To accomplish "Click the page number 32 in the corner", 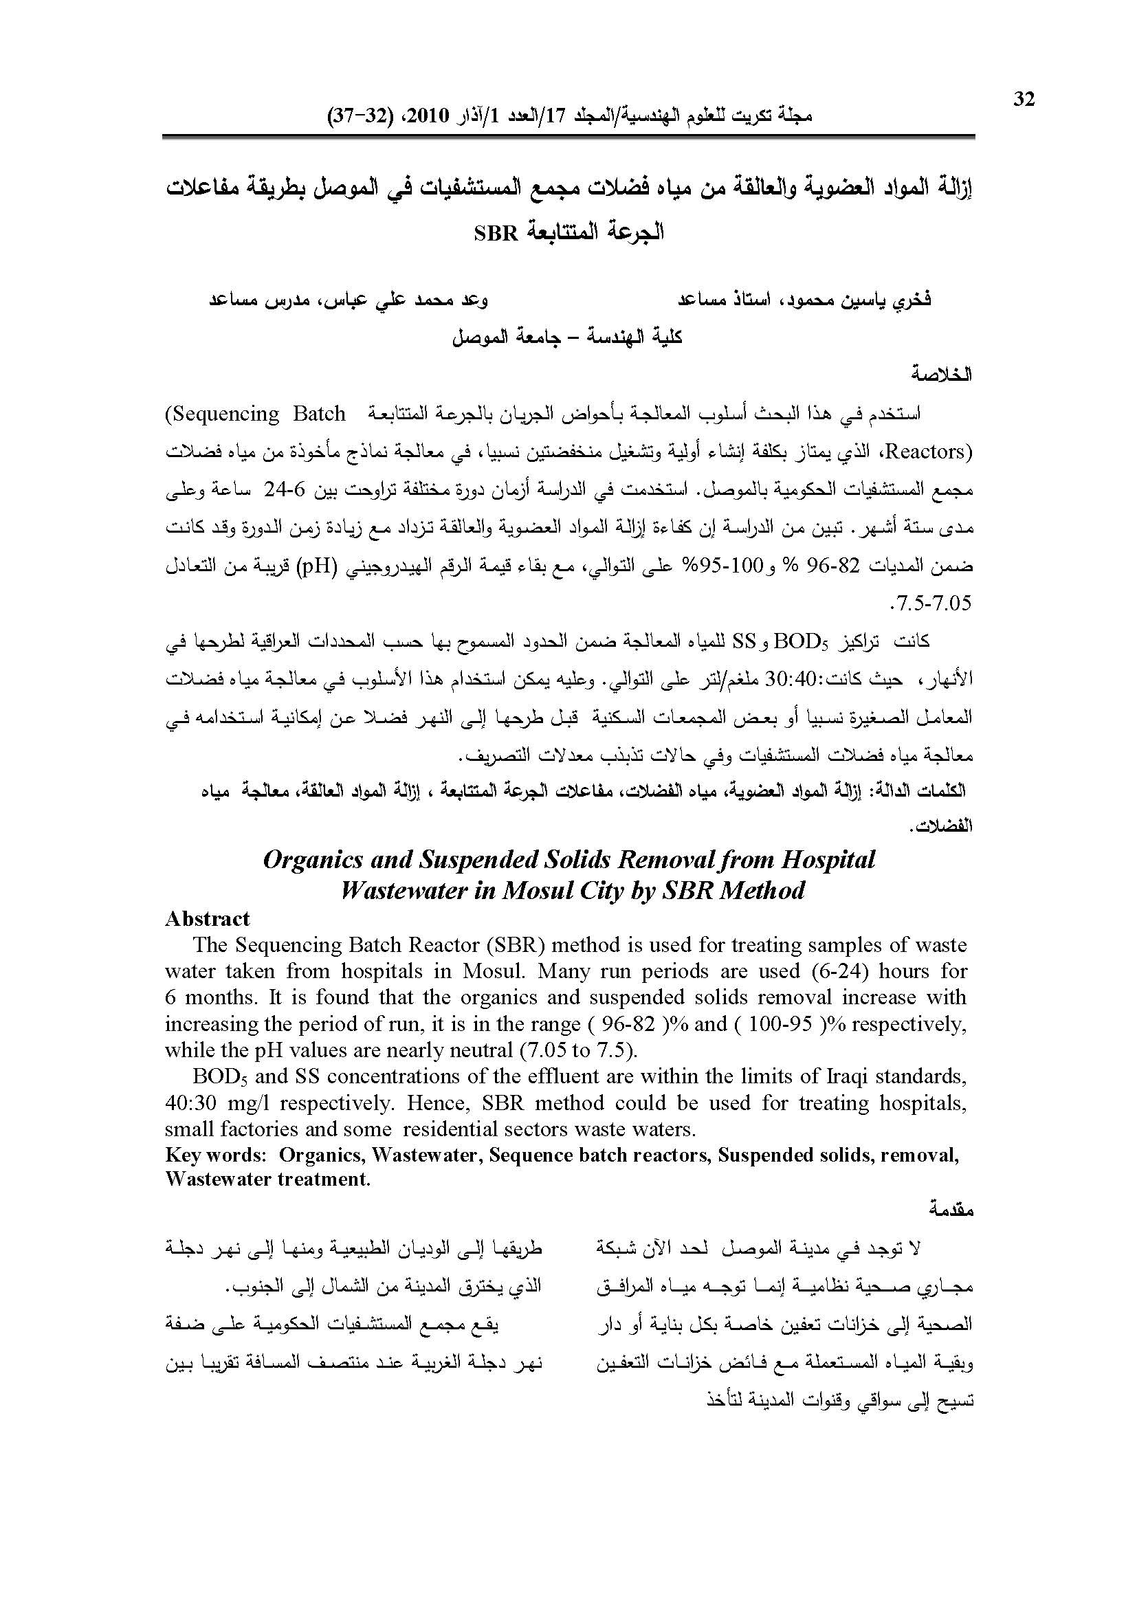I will [x=1024, y=100].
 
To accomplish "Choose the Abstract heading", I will [x=207, y=919].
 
